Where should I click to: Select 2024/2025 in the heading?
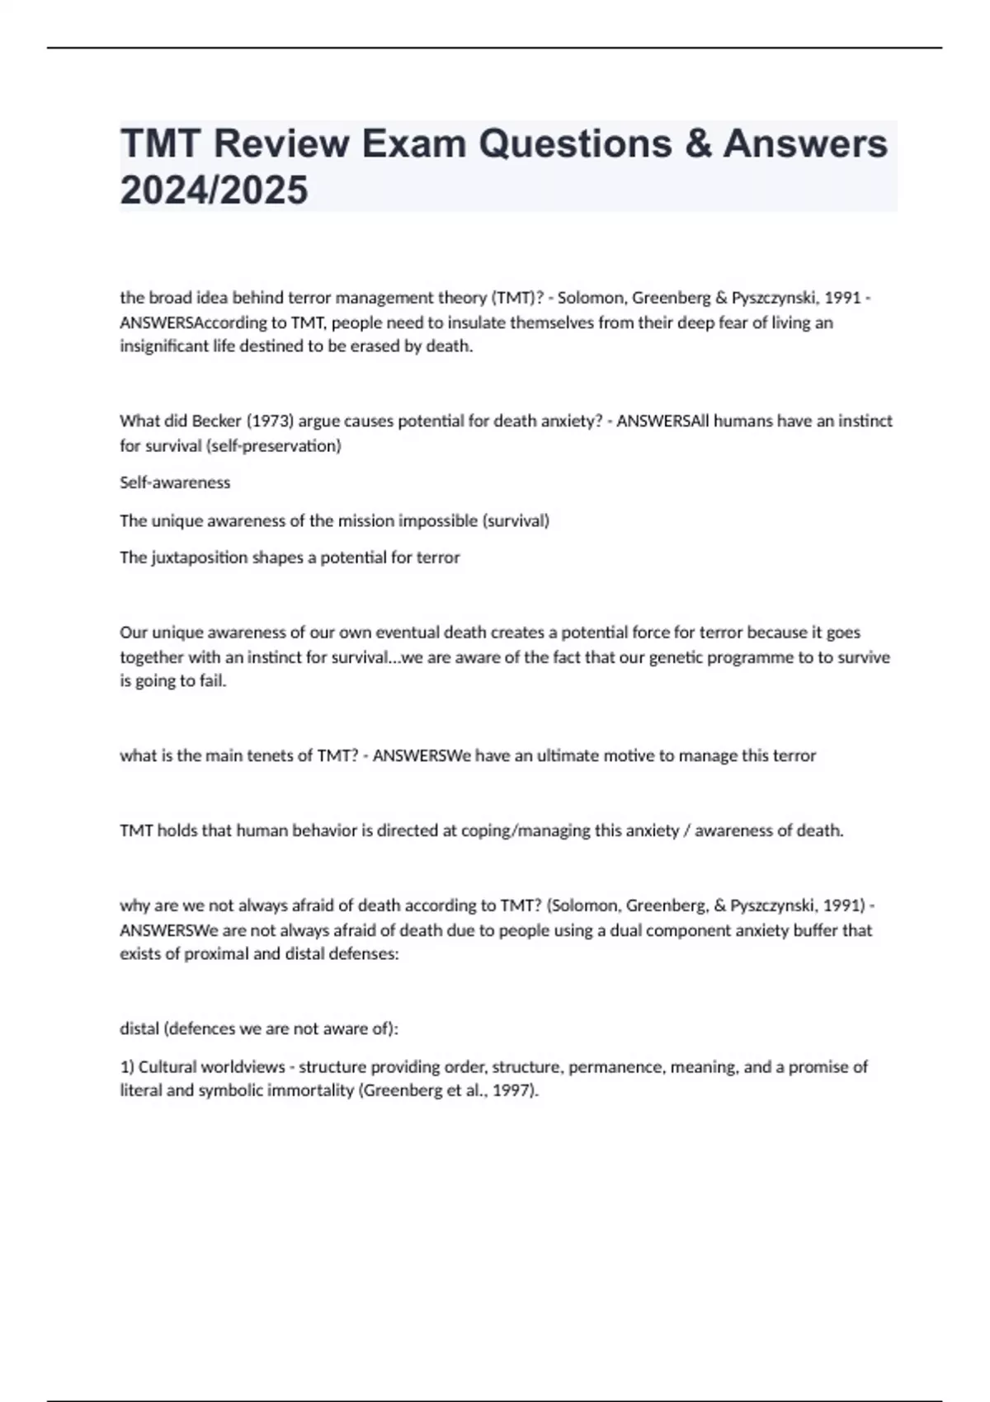point(214,190)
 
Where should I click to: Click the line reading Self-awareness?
point(175,482)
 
